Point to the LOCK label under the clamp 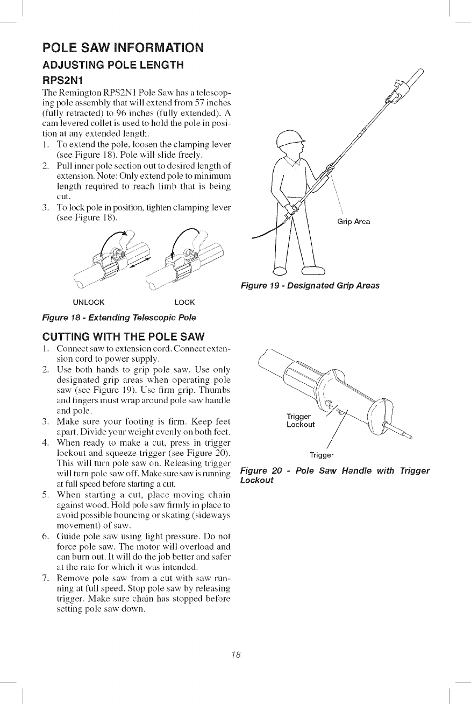tap(185, 302)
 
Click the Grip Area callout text tap(354, 222)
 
